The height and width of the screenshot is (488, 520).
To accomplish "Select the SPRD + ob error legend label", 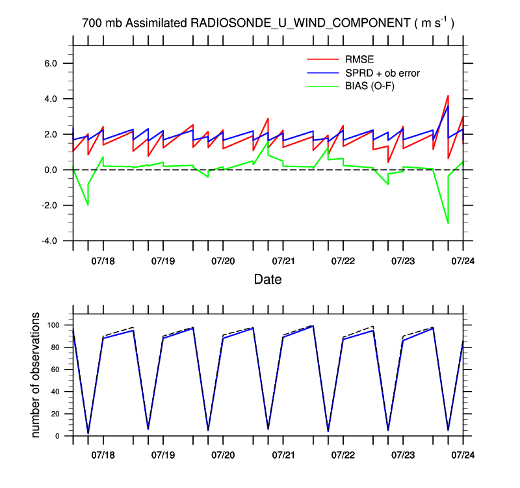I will [382, 73].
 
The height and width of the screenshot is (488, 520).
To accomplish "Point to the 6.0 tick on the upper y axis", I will [56, 64].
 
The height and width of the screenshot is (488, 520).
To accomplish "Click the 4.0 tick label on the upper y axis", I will [56, 99].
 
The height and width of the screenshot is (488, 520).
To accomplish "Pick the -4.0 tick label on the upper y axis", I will [55, 241].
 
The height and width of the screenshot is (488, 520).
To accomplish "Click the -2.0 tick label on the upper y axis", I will [55, 206].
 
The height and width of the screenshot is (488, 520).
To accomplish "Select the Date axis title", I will [267, 280].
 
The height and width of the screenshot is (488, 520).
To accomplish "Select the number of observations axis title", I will [36, 375].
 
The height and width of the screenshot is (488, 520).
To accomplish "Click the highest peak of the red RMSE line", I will [448, 96].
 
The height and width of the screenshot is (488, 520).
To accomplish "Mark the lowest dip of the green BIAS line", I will [448, 223].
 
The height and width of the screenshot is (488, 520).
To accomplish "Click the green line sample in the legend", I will [323, 85].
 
